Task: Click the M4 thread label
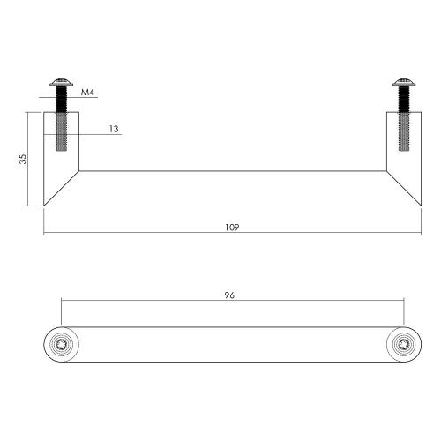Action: point(88,91)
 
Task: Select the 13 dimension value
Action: point(115,129)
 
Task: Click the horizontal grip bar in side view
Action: point(233,188)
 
